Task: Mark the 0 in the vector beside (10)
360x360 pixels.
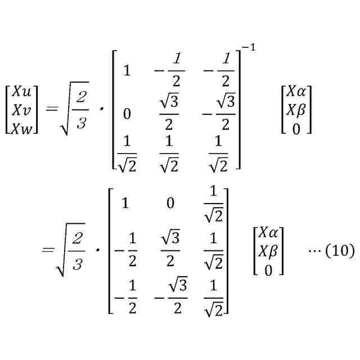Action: click(268, 271)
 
